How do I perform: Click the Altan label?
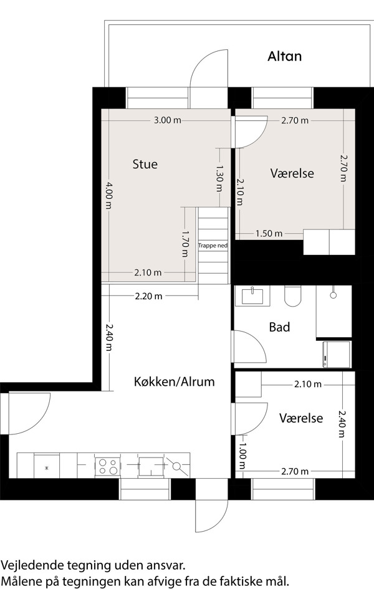[x=284, y=56]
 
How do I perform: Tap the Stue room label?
[x=145, y=164]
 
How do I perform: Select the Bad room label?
[x=279, y=327]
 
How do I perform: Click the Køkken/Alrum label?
[x=175, y=381]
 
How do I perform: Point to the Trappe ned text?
[x=213, y=246]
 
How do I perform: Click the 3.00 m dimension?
[x=168, y=120]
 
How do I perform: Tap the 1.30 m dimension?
[x=219, y=178]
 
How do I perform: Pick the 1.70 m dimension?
[x=185, y=244]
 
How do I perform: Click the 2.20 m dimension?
[x=149, y=296]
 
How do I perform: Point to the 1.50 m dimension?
[x=269, y=233]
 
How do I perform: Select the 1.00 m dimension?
[x=242, y=456]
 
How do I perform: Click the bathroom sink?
[x=252, y=297]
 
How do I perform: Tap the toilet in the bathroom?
[x=292, y=297]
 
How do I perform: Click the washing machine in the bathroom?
[x=336, y=354]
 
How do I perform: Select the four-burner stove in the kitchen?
[x=108, y=467]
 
